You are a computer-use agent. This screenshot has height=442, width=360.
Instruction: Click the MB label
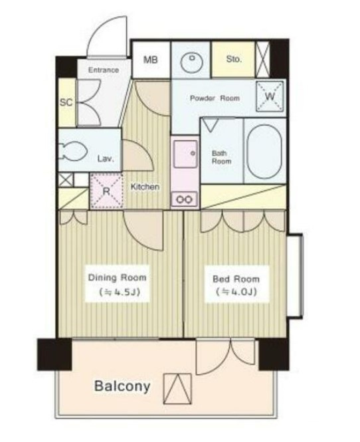(x=150, y=60)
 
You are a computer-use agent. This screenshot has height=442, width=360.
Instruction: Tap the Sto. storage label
(x=234, y=59)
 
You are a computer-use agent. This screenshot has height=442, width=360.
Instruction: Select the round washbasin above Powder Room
(x=191, y=62)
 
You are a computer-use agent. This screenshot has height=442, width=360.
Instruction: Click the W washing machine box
(x=270, y=96)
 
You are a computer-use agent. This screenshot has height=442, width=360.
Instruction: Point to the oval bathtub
(x=264, y=152)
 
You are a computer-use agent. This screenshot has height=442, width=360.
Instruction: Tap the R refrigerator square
(x=106, y=191)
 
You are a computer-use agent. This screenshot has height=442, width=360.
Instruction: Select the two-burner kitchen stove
(x=185, y=199)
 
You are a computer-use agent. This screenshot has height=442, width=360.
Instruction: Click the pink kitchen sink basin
(x=185, y=154)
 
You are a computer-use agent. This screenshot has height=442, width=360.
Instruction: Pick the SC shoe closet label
(x=66, y=102)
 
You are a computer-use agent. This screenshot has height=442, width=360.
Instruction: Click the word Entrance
(x=104, y=70)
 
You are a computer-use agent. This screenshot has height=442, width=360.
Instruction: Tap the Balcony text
(x=122, y=386)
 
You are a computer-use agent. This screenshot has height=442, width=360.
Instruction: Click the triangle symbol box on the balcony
(x=177, y=389)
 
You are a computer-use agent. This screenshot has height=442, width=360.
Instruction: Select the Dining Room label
(x=117, y=278)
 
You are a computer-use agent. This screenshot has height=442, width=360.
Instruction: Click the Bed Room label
(x=236, y=279)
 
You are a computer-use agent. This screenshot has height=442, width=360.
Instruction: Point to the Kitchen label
(x=145, y=187)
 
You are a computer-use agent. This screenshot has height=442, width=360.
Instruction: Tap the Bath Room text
(x=221, y=158)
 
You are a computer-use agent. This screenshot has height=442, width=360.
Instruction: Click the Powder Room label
(x=215, y=98)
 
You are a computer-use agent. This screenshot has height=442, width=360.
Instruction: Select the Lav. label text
(x=106, y=159)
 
